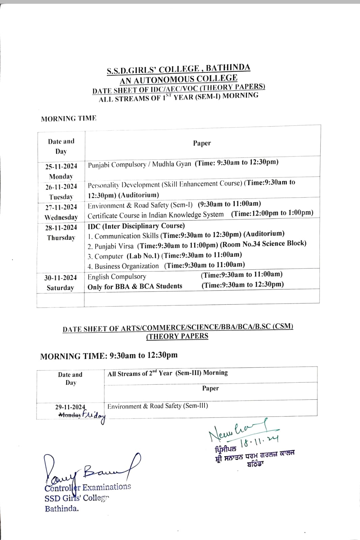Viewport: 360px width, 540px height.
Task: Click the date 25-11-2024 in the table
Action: pyautogui.click(x=61, y=166)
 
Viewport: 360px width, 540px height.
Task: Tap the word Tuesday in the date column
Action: pyautogui.click(x=61, y=197)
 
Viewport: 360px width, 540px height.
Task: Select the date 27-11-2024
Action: pyautogui.click(x=61, y=207)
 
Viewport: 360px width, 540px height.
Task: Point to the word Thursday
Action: pyautogui.click(x=61, y=238)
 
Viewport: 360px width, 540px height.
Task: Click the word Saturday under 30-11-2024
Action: pyautogui.click(x=60, y=288)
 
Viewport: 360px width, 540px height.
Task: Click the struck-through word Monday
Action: pyautogui.click(x=70, y=415)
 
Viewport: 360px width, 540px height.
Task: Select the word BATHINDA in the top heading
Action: pyautogui.click(x=228, y=67)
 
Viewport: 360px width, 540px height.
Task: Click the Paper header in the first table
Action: pyautogui.click(x=202, y=143)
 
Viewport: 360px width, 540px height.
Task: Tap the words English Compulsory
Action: pyautogui.click(x=117, y=277)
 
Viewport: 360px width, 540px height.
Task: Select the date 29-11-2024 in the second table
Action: pyautogui.click(x=70, y=407)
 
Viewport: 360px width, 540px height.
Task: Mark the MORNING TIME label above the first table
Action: pyautogui.click(x=68, y=118)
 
